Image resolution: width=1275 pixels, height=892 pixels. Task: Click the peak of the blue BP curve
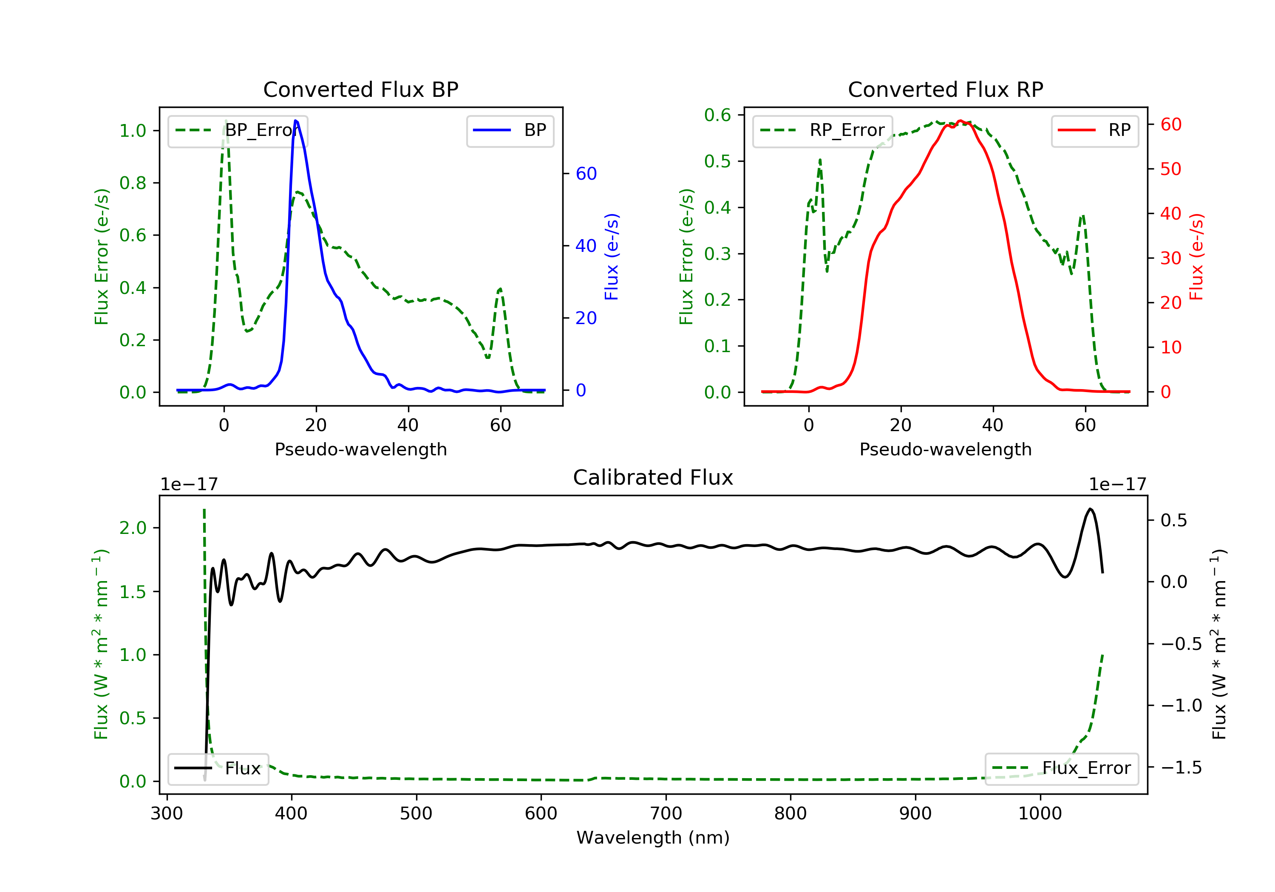click(x=295, y=121)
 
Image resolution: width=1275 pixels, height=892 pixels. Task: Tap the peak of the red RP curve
click(x=960, y=121)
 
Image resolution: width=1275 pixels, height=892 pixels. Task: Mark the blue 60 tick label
click(x=586, y=174)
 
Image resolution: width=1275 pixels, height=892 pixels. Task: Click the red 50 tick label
click(x=1170, y=169)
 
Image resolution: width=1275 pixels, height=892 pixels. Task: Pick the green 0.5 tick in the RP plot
click(x=717, y=161)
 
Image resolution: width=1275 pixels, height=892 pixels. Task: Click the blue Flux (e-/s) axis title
click(x=612, y=257)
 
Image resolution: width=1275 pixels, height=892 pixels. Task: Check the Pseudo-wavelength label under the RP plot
click(x=945, y=449)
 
